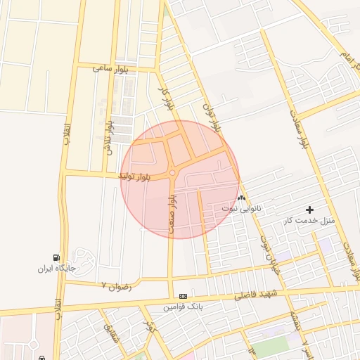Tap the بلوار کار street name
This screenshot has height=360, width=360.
click(x=166, y=98)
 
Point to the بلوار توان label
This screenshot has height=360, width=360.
click(x=212, y=115)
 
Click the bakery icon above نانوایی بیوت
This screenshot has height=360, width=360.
click(x=242, y=198)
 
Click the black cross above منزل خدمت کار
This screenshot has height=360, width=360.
click(x=310, y=210)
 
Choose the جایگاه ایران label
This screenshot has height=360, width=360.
click(x=56, y=269)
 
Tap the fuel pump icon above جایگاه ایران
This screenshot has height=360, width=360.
click(x=56, y=257)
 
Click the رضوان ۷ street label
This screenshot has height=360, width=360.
click(x=118, y=285)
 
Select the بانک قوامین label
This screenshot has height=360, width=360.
click(x=183, y=307)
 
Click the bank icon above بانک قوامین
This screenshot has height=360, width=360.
click(x=183, y=297)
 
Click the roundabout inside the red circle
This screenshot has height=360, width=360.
click(x=172, y=173)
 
